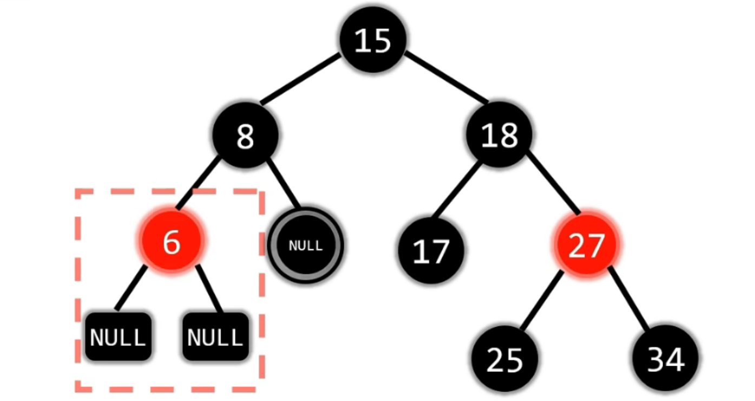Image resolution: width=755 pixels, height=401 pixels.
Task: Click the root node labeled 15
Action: point(373,40)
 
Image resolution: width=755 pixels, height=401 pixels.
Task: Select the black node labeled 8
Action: point(245,135)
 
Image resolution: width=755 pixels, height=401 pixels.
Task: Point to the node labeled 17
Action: point(431,250)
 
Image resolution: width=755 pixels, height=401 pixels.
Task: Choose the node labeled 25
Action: point(504,358)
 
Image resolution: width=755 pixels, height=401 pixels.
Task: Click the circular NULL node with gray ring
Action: point(305,245)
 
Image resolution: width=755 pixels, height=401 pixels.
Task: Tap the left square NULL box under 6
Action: point(117,337)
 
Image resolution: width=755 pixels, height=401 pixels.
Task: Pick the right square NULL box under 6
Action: point(215,337)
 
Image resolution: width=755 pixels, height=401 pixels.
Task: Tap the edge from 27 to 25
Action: point(541,299)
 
